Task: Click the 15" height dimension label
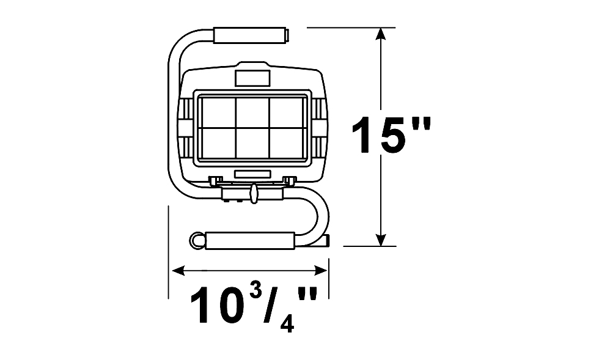(391, 134)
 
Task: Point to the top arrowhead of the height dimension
(380, 34)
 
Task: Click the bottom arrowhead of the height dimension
(380, 240)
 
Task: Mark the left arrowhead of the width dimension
(178, 271)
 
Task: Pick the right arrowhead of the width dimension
(321, 271)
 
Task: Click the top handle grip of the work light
(250, 35)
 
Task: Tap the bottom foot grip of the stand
(250, 240)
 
